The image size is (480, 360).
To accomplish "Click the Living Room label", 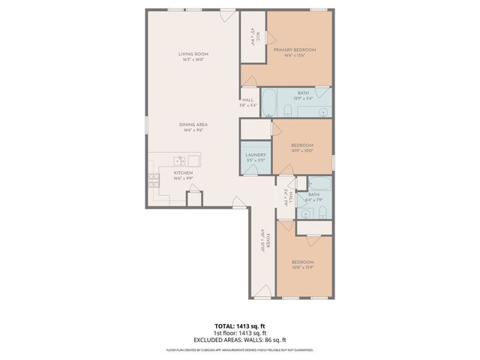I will (x=193, y=54).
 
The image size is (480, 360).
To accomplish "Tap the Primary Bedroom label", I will (x=294, y=49).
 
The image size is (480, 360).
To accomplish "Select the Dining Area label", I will (x=193, y=124).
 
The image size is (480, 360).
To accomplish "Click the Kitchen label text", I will (x=184, y=173).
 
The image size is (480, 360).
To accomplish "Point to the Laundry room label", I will (x=255, y=154).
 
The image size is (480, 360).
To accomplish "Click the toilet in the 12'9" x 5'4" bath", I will (x=287, y=111).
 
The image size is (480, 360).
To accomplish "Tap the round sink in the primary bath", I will (x=322, y=112).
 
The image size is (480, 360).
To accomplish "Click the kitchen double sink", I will (x=180, y=160).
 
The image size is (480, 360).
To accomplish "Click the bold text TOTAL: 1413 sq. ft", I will (x=239, y=326).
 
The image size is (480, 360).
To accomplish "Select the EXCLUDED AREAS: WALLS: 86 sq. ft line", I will (x=239, y=340).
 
